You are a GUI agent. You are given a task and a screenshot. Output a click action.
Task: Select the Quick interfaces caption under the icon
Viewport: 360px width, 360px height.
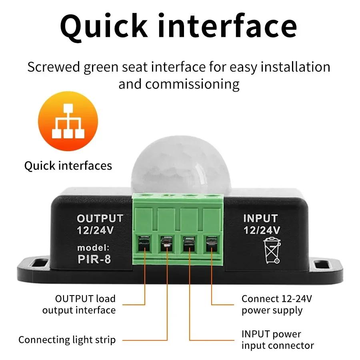point(68,166)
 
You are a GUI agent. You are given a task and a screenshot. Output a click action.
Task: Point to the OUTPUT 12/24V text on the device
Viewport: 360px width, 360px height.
point(100,224)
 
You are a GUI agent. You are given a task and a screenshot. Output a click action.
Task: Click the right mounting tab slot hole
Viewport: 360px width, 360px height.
point(322,264)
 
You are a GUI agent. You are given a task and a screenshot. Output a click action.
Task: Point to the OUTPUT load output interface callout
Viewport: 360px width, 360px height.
point(79,304)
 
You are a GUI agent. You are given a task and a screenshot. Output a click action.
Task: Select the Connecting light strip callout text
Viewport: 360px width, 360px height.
point(67,340)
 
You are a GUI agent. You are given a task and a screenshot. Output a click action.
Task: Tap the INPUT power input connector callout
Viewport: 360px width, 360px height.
point(277,340)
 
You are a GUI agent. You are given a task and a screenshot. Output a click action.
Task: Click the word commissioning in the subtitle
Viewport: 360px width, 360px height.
point(192,84)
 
